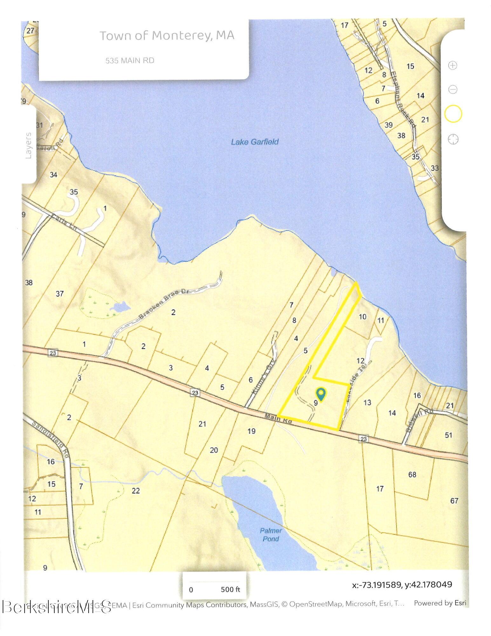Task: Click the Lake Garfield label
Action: [255, 142]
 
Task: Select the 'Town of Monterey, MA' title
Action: [167, 36]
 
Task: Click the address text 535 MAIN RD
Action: [130, 60]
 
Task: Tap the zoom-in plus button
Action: [452, 66]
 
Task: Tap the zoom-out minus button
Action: [453, 89]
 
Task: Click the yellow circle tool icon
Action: [453, 114]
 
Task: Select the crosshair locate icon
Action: [453, 139]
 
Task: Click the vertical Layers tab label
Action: [29, 145]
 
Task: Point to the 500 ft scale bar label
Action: [230, 589]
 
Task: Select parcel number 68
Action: [412, 474]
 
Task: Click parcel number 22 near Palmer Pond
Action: [136, 491]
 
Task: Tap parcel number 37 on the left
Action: [60, 294]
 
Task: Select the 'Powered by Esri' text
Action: [440, 603]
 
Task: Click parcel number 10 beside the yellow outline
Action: [362, 316]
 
